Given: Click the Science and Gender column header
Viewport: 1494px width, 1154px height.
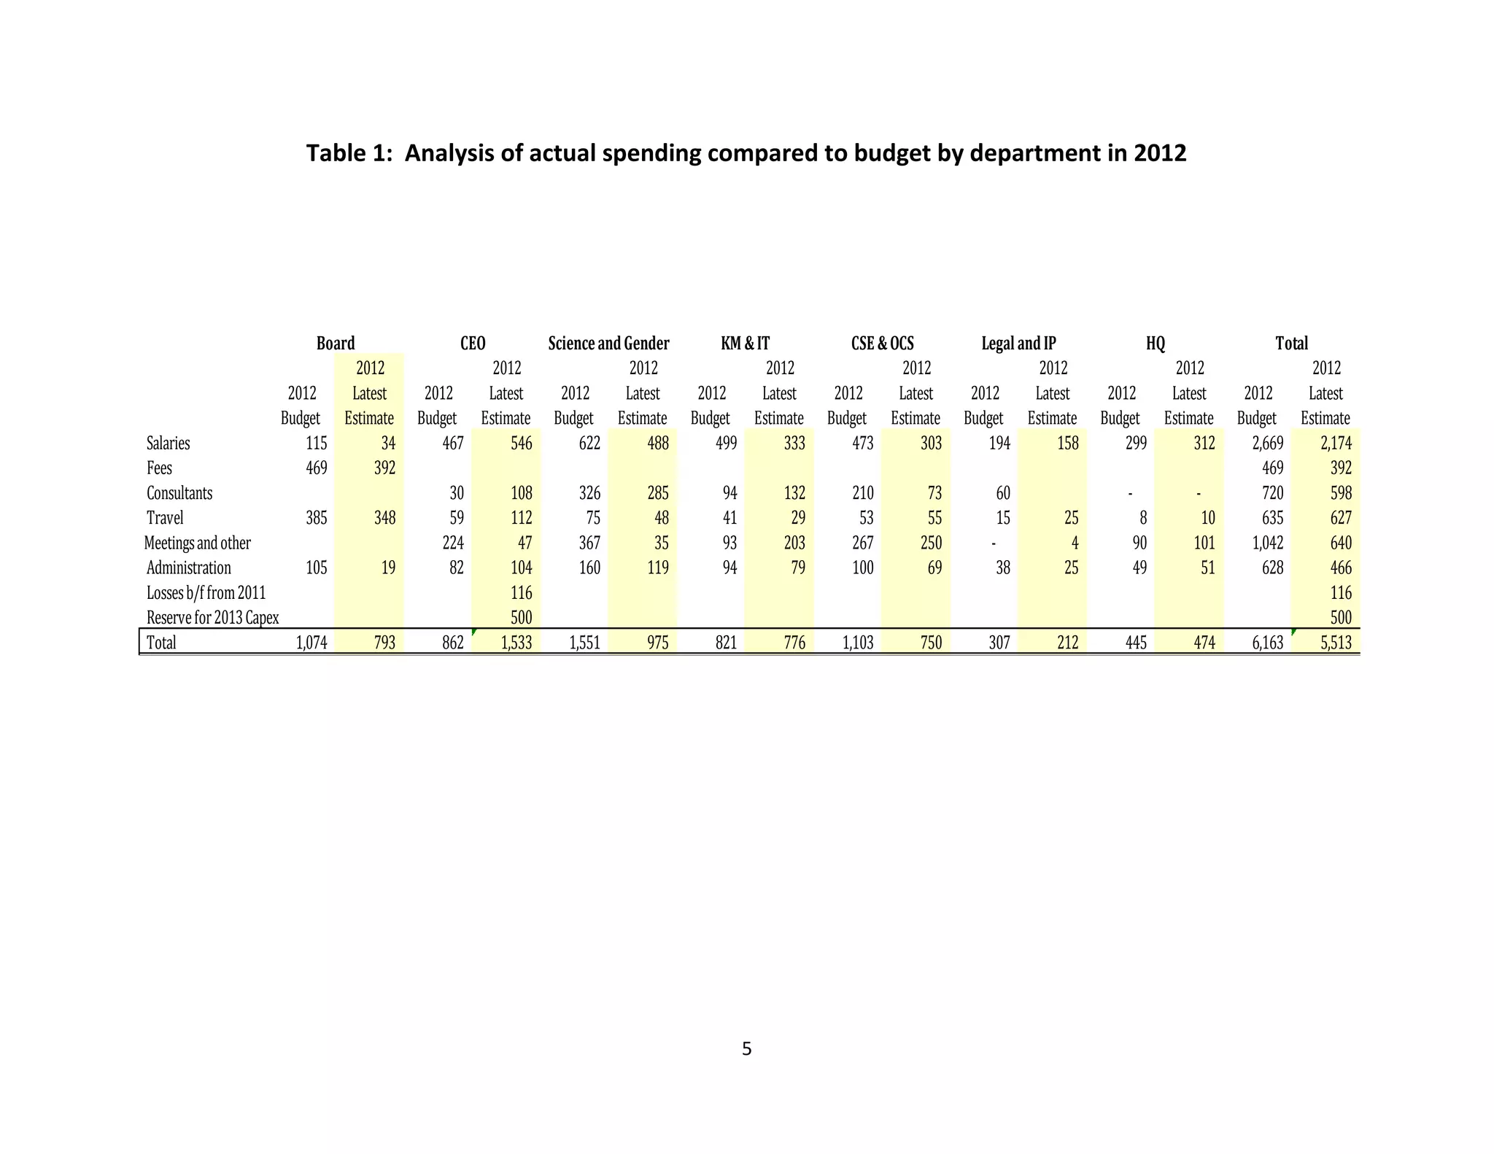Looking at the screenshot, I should pyautogui.click(x=608, y=343).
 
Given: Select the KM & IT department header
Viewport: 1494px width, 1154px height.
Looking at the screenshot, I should pyautogui.click(x=745, y=343).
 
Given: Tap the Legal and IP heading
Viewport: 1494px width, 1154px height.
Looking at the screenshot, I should pyautogui.click(x=1018, y=343).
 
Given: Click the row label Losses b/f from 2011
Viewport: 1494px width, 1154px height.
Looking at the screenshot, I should pyautogui.click(x=206, y=592).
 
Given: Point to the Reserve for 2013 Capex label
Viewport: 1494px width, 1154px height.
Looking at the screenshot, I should pyautogui.click(x=212, y=617).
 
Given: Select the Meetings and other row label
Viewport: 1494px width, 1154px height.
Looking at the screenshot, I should pyautogui.click(x=197, y=543).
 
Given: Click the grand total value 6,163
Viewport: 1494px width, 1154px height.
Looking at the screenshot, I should pyautogui.click(x=1267, y=643).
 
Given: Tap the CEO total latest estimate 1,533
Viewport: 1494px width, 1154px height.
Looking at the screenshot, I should pyautogui.click(x=516, y=643).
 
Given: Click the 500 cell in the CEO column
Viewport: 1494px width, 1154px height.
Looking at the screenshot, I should pyautogui.click(x=521, y=617).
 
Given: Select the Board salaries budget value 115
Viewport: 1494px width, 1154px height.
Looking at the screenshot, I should pyautogui.click(x=316, y=443).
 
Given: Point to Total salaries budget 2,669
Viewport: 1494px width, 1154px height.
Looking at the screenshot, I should pyautogui.click(x=1267, y=443).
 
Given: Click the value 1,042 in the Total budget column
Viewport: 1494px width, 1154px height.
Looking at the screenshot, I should pyautogui.click(x=1267, y=543).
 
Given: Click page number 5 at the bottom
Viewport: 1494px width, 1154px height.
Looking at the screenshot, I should pyautogui.click(x=746, y=1049).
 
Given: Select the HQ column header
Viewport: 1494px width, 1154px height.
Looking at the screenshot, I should pyautogui.click(x=1156, y=343).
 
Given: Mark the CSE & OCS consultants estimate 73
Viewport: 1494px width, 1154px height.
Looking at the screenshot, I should pyautogui.click(x=934, y=493).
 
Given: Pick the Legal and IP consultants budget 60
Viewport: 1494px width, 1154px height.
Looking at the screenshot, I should pyautogui.click(x=1002, y=493).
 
